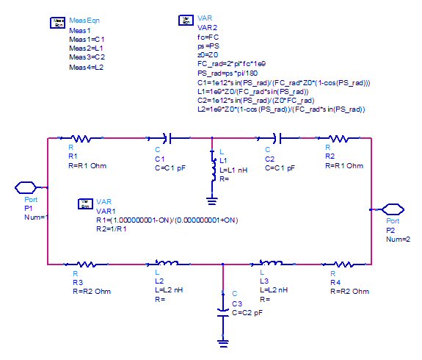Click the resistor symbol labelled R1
click(x=81, y=139)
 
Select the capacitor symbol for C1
click(x=169, y=139)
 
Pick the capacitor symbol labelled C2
click(x=277, y=139)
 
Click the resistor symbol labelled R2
click(x=339, y=139)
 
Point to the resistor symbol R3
click(x=86, y=264)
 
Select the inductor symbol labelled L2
click(x=167, y=263)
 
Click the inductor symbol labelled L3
click(x=272, y=263)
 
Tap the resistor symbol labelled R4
click(x=343, y=264)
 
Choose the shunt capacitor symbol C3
click(x=223, y=313)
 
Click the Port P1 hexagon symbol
click(x=26, y=187)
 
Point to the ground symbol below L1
click(x=212, y=201)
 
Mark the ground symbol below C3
click(x=223, y=344)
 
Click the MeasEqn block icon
click(x=57, y=23)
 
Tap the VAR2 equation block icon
click(x=186, y=21)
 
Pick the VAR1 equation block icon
click(x=85, y=204)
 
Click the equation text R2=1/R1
click(x=111, y=229)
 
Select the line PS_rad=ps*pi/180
click(x=228, y=73)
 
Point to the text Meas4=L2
click(x=86, y=67)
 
